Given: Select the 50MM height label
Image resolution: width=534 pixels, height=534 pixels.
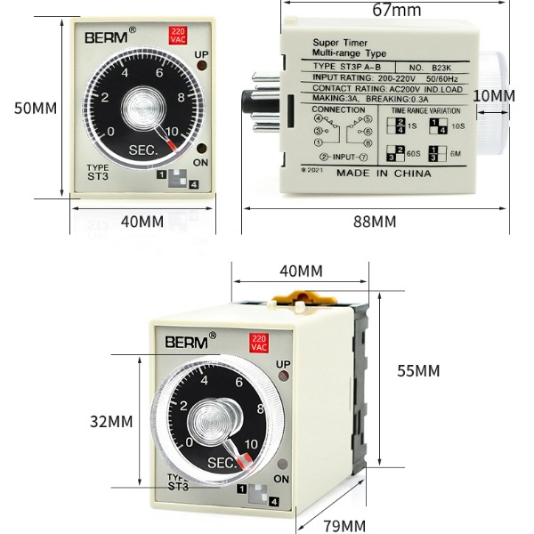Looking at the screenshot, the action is (x=36, y=108).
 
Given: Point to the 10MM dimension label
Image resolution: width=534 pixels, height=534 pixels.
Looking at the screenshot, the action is (x=493, y=95).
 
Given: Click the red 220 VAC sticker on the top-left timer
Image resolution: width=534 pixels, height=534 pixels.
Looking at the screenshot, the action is (x=177, y=36).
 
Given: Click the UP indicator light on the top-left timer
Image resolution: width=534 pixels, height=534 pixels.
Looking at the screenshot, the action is (x=201, y=69).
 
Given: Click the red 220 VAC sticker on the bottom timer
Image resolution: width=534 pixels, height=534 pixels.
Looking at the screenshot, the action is (x=258, y=343).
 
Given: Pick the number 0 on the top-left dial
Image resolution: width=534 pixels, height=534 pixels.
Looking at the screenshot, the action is (x=110, y=132).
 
